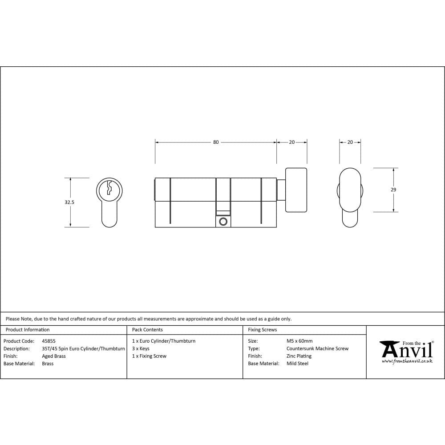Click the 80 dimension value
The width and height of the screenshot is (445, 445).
(216, 142)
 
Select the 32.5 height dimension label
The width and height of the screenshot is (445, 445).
(69, 202)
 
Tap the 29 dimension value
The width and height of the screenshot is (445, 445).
(393, 190)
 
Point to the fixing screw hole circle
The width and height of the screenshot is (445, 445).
(223, 221)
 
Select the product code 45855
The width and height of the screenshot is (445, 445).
(49, 341)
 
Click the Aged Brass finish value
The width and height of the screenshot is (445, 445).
(53, 356)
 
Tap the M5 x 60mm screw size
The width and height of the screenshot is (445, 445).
(299, 341)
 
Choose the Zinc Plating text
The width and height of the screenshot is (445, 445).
(299, 356)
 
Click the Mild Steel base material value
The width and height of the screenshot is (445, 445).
(297, 364)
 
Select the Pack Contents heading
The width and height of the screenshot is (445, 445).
(147, 330)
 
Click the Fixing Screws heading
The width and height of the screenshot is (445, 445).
(262, 330)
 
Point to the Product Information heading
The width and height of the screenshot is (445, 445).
(28, 330)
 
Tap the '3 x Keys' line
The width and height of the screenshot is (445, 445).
(141, 348)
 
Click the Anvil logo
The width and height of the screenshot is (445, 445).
(406, 350)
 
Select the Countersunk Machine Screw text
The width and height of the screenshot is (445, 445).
(317, 348)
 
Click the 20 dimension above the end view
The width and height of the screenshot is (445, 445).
(350, 142)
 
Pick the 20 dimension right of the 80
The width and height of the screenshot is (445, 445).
(291, 142)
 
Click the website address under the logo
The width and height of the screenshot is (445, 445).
(407, 361)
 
